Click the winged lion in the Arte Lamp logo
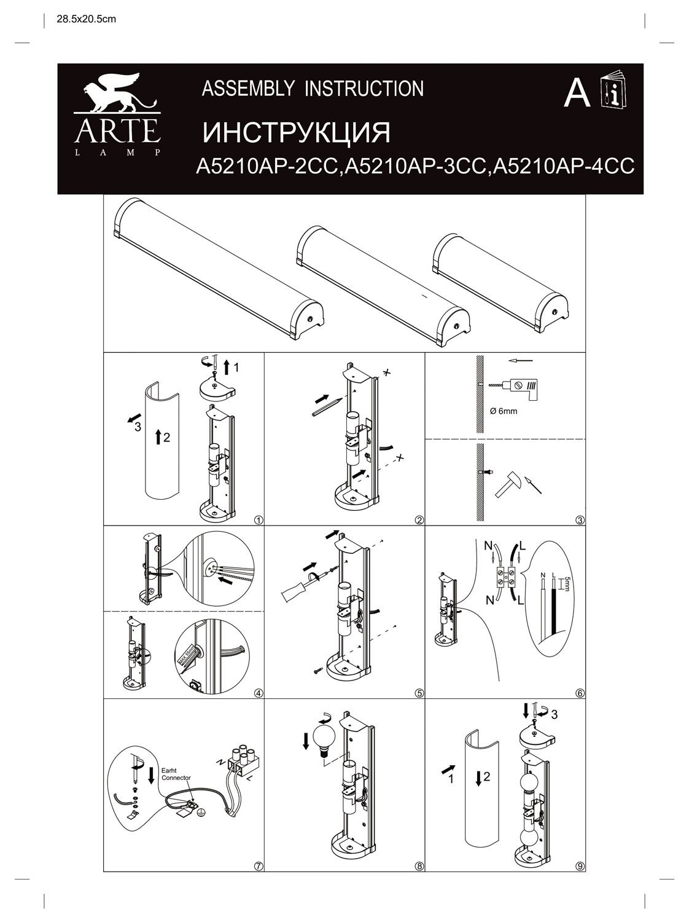(x=117, y=93)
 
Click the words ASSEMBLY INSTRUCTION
(x=313, y=89)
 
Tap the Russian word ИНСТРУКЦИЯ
(x=297, y=132)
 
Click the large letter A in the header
(x=577, y=94)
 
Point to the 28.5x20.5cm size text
(x=86, y=19)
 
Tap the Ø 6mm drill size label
(x=504, y=411)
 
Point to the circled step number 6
(x=580, y=693)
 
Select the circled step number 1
(x=259, y=520)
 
